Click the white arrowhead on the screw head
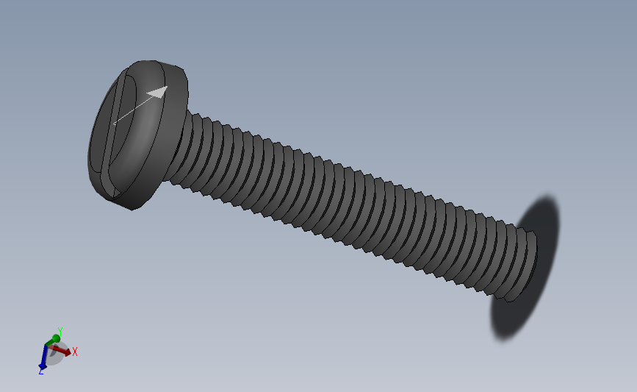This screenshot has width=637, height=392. tap(159, 92)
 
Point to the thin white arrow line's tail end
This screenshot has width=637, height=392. tap(114, 124)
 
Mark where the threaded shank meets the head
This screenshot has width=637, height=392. tap(179, 147)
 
